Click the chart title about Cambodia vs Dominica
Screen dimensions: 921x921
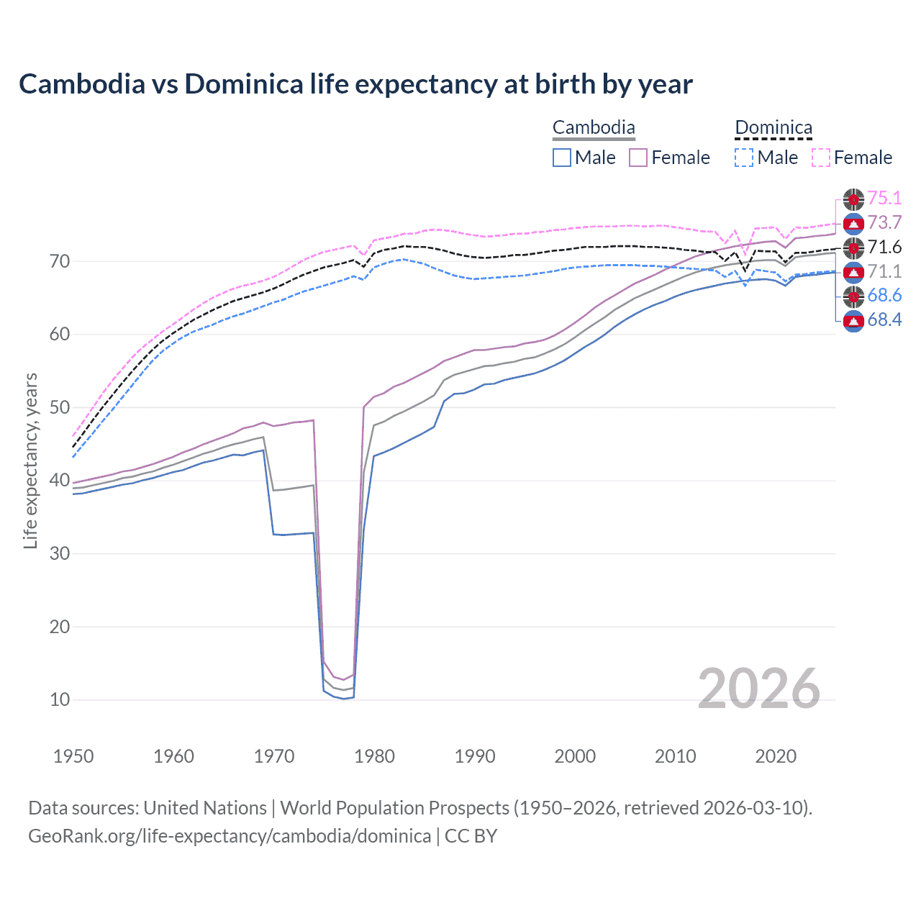[x=355, y=84]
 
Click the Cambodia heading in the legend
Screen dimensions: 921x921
[x=594, y=128]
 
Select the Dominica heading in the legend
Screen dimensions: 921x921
[x=773, y=128]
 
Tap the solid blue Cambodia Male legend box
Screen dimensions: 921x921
[x=562, y=158]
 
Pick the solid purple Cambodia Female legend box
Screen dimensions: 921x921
[x=638, y=158]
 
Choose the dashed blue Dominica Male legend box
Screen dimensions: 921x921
[x=744, y=158]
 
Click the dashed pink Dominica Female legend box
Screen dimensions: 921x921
[x=821, y=158]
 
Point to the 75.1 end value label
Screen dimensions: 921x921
[x=884, y=199]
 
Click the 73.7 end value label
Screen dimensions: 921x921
[x=884, y=223]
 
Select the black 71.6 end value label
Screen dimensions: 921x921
[x=884, y=248]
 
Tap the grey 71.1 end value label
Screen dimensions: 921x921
[x=884, y=271]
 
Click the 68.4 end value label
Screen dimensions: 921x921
[x=884, y=320]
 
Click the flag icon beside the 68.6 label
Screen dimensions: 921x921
[x=853, y=296]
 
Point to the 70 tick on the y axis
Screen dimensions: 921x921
[x=60, y=261]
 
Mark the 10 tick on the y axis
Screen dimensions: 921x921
[x=60, y=699]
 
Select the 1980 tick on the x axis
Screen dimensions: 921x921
[x=374, y=756]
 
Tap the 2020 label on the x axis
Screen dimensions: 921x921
[x=776, y=756]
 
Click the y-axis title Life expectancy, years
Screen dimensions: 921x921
[x=30, y=460]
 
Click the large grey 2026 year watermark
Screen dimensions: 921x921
[x=759, y=689]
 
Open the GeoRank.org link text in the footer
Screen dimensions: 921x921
[x=230, y=836]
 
